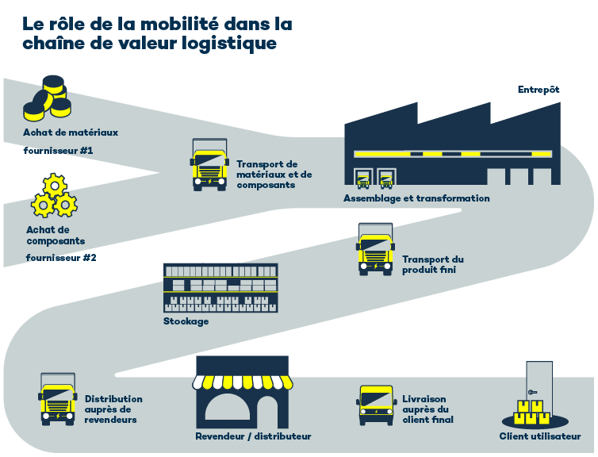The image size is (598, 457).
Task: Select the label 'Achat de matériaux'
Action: [x=71, y=132]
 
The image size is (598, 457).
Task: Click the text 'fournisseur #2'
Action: [x=61, y=258]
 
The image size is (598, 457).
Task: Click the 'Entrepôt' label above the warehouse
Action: [x=539, y=90]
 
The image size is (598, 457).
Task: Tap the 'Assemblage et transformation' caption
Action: [x=416, y=198]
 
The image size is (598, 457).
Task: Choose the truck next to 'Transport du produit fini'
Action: [x=376, y=248]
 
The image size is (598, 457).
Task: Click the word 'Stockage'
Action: [x=186, y=321]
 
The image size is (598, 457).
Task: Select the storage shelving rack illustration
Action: [x=220, y=287]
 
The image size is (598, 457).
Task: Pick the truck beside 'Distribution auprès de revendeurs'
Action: [x=58, y=399]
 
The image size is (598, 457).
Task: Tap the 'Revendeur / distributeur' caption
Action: [x=253, y=436]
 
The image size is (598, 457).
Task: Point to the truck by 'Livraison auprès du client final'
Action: [x=376, y=405]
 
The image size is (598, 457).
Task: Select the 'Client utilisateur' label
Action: [x=540, y=436]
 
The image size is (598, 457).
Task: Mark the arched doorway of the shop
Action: [x=240, y=409]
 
